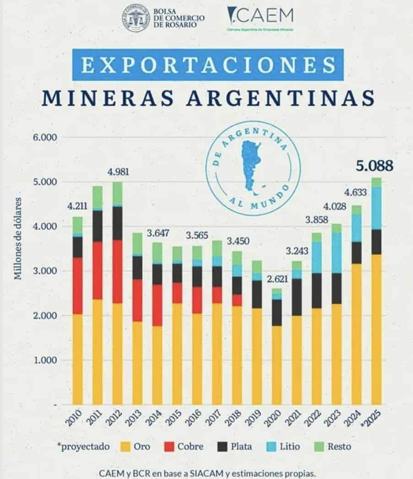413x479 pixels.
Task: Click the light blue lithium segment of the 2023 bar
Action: (x=337, y=253)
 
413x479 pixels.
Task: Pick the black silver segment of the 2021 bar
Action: (x=296, y=297)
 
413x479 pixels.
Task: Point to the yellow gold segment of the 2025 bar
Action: (x=376, y=329)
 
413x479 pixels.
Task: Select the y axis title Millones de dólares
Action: (x=18, y=238)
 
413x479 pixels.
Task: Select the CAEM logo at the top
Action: (x=261, y=18)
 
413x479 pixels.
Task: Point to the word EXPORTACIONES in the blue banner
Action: (x=207, y=65)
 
